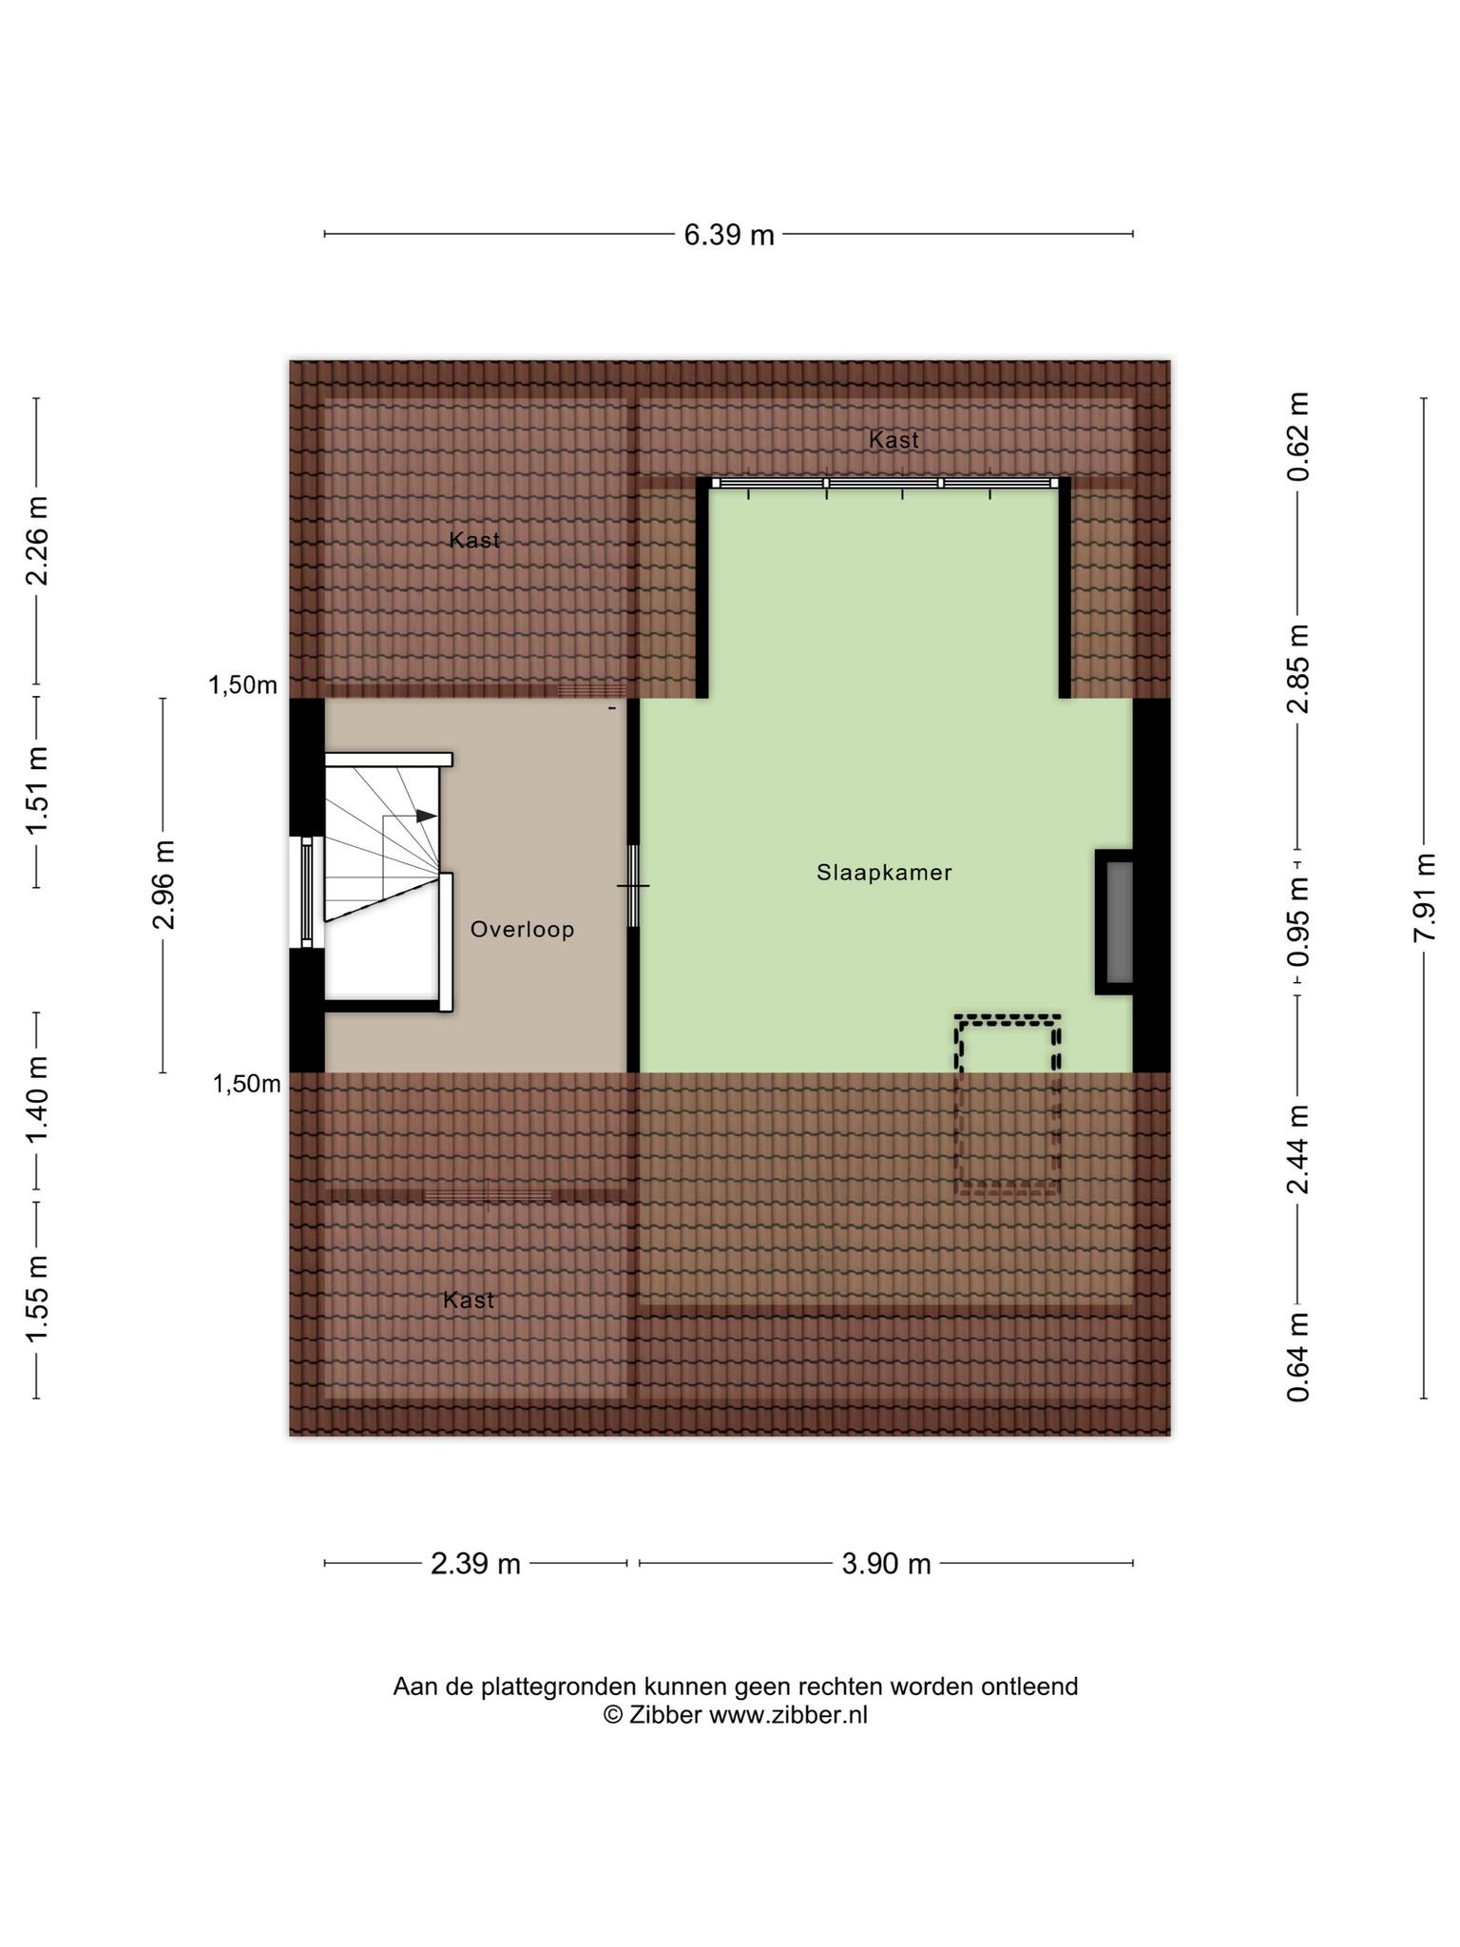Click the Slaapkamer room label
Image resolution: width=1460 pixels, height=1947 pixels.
click(884, 872)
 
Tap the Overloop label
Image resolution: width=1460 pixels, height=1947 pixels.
click(523, 929)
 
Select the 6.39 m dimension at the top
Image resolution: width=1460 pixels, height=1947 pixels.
click(729, 235)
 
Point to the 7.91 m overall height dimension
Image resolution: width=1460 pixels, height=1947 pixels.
click(1423, 896)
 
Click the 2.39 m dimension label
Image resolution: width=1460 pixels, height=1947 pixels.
click(475, 1564)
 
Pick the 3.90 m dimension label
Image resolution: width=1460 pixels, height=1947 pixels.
click(886, 1564)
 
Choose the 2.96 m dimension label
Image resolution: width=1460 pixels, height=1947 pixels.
click(163, 885)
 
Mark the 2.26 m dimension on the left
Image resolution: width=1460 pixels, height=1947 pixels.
click(37, 541)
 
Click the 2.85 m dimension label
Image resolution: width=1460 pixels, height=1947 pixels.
click(1298, 668)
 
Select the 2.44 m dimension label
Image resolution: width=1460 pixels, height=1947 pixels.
click(1298, 1149)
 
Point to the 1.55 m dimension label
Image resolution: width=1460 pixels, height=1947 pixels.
click(37, 1300)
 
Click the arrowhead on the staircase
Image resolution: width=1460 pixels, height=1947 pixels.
click(426, 816)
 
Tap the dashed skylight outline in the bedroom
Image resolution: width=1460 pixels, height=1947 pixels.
click(1008, 1104)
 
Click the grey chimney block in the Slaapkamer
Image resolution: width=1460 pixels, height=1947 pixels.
click(1120, 922)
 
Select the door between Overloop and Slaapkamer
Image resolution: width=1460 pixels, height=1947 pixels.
click(633, 885)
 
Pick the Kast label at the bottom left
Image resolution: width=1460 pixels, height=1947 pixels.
click(469, 1300)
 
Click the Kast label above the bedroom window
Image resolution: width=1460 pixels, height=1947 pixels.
click(893, 439)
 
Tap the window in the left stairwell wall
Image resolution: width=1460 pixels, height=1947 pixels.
click(306, 892)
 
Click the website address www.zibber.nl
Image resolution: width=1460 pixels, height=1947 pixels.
click(788, 1714)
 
